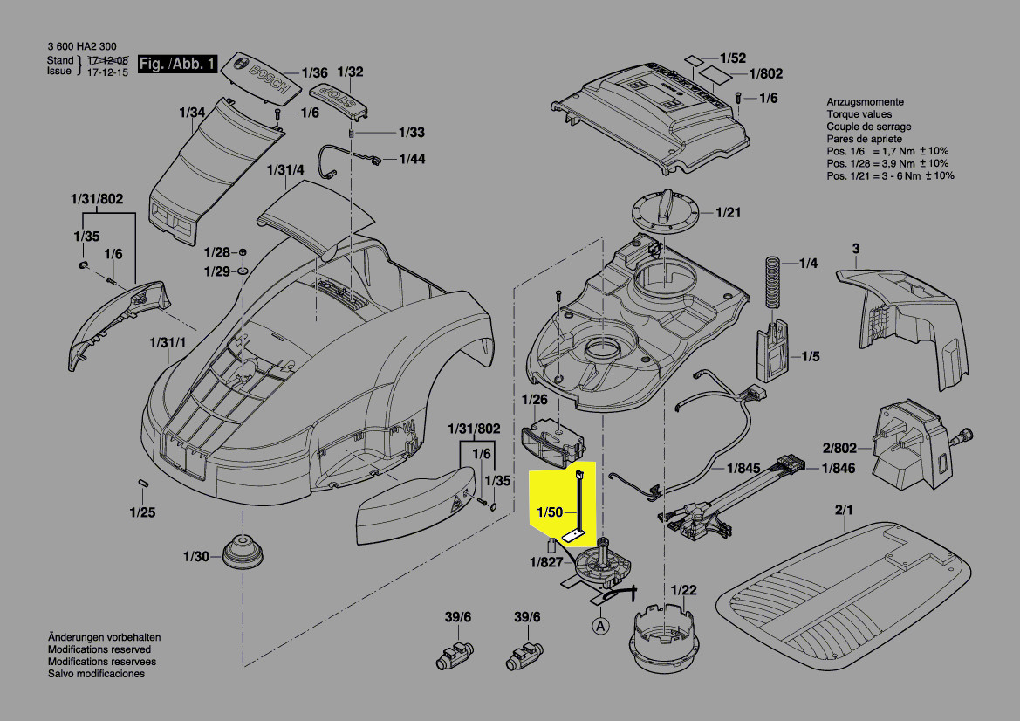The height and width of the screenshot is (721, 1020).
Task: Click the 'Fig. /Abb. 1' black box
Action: (177, 64)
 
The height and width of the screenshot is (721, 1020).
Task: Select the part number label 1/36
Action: (314, 73)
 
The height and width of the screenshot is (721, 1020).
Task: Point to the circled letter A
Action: (600, 625)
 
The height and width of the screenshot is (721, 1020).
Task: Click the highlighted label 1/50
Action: (551, 513)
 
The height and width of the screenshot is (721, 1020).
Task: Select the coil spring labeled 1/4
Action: (771, 281)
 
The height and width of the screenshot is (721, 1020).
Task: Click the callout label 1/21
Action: (728, 213)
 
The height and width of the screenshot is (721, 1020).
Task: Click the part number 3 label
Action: (856, 250)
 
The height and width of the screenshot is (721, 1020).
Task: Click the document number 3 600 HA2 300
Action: (80, 47)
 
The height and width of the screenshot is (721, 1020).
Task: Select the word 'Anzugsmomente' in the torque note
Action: (865, 102)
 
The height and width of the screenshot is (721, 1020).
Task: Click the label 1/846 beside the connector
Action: (839, 470)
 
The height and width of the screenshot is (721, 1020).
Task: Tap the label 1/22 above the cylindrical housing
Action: (684, 591)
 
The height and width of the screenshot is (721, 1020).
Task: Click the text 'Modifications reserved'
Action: (99, 650)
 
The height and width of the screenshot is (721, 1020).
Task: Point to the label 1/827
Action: (545, 562)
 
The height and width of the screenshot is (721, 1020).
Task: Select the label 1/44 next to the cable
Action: (413, 159)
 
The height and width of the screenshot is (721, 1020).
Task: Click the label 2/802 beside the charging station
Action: (839, 449)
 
